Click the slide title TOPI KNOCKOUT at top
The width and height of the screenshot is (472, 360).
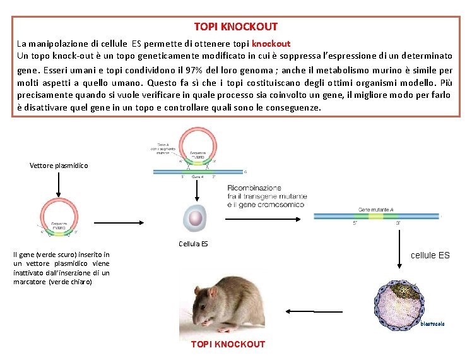235,27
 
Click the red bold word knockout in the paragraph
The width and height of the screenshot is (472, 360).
271,44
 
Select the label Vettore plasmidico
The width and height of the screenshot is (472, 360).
59,165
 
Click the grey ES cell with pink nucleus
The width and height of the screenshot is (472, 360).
195,219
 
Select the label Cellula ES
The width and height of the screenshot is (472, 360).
193,244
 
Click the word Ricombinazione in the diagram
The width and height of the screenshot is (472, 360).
254,188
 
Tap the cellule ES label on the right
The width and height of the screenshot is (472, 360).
430,255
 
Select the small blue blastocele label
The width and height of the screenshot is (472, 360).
432,324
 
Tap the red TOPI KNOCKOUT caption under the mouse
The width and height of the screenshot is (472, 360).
228,344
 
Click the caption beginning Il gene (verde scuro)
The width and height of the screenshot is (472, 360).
61,268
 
